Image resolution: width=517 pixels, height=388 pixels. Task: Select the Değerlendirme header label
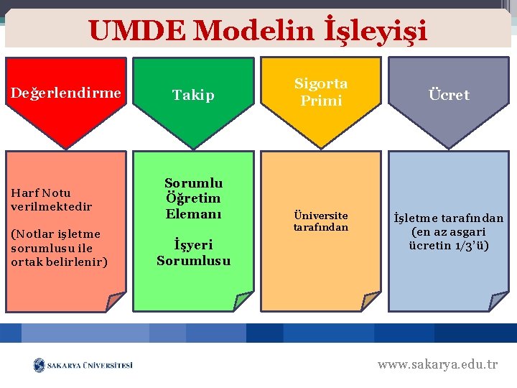click(x=65, y=92)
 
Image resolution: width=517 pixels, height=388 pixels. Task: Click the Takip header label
click(x=193, y=94)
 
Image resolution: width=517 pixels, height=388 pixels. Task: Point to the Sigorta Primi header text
click(x=321, y=92)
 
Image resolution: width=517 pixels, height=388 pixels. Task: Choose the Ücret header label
click(x=449, y=94)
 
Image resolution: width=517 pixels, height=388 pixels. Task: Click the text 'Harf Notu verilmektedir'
click(x=52, y=200)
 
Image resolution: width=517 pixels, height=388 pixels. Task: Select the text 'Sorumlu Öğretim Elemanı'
click(x=193, y=198)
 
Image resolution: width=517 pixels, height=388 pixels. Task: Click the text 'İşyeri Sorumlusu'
click(x=193, y=252)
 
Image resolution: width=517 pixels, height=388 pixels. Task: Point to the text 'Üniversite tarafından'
click(x=321, y=221)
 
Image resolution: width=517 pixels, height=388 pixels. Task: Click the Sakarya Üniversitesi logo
click(x=83, y=365)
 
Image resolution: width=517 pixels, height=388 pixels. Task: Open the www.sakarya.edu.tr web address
click(x=437, y=364)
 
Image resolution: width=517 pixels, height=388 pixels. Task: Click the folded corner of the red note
click(x=115, y=302)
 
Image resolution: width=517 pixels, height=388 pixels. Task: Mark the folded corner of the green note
click(x=243, y=302)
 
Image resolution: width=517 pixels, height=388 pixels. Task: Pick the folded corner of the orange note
click(x=371, y=302)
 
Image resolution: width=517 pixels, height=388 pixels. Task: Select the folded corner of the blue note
click(x=498, y=302)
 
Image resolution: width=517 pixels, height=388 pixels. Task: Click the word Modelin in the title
click(x=255, y=30)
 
